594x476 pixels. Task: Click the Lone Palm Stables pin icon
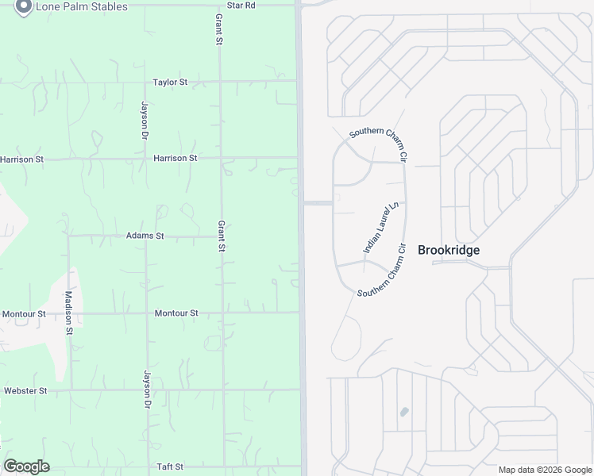[23, 7]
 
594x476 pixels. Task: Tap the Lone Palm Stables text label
[81, 6]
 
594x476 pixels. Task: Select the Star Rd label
[241, 5]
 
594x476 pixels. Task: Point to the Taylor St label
[170, 82]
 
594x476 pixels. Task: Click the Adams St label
[145, 236]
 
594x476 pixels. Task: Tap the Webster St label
[25, 390]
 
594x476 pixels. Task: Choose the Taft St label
[170, 466]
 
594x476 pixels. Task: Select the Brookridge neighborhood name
[449, 249]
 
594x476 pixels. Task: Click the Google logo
[26, 466]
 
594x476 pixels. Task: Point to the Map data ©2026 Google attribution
[545, 470]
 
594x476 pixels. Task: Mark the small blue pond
[404, 412]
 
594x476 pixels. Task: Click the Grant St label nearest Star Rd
[219, 29]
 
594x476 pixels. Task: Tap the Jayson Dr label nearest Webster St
[147, 389]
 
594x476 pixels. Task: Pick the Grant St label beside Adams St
[222, 236]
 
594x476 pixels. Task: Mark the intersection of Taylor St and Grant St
[221, 81]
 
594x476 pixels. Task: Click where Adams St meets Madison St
[69, 236]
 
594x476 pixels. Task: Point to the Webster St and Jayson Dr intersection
[146, 390]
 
